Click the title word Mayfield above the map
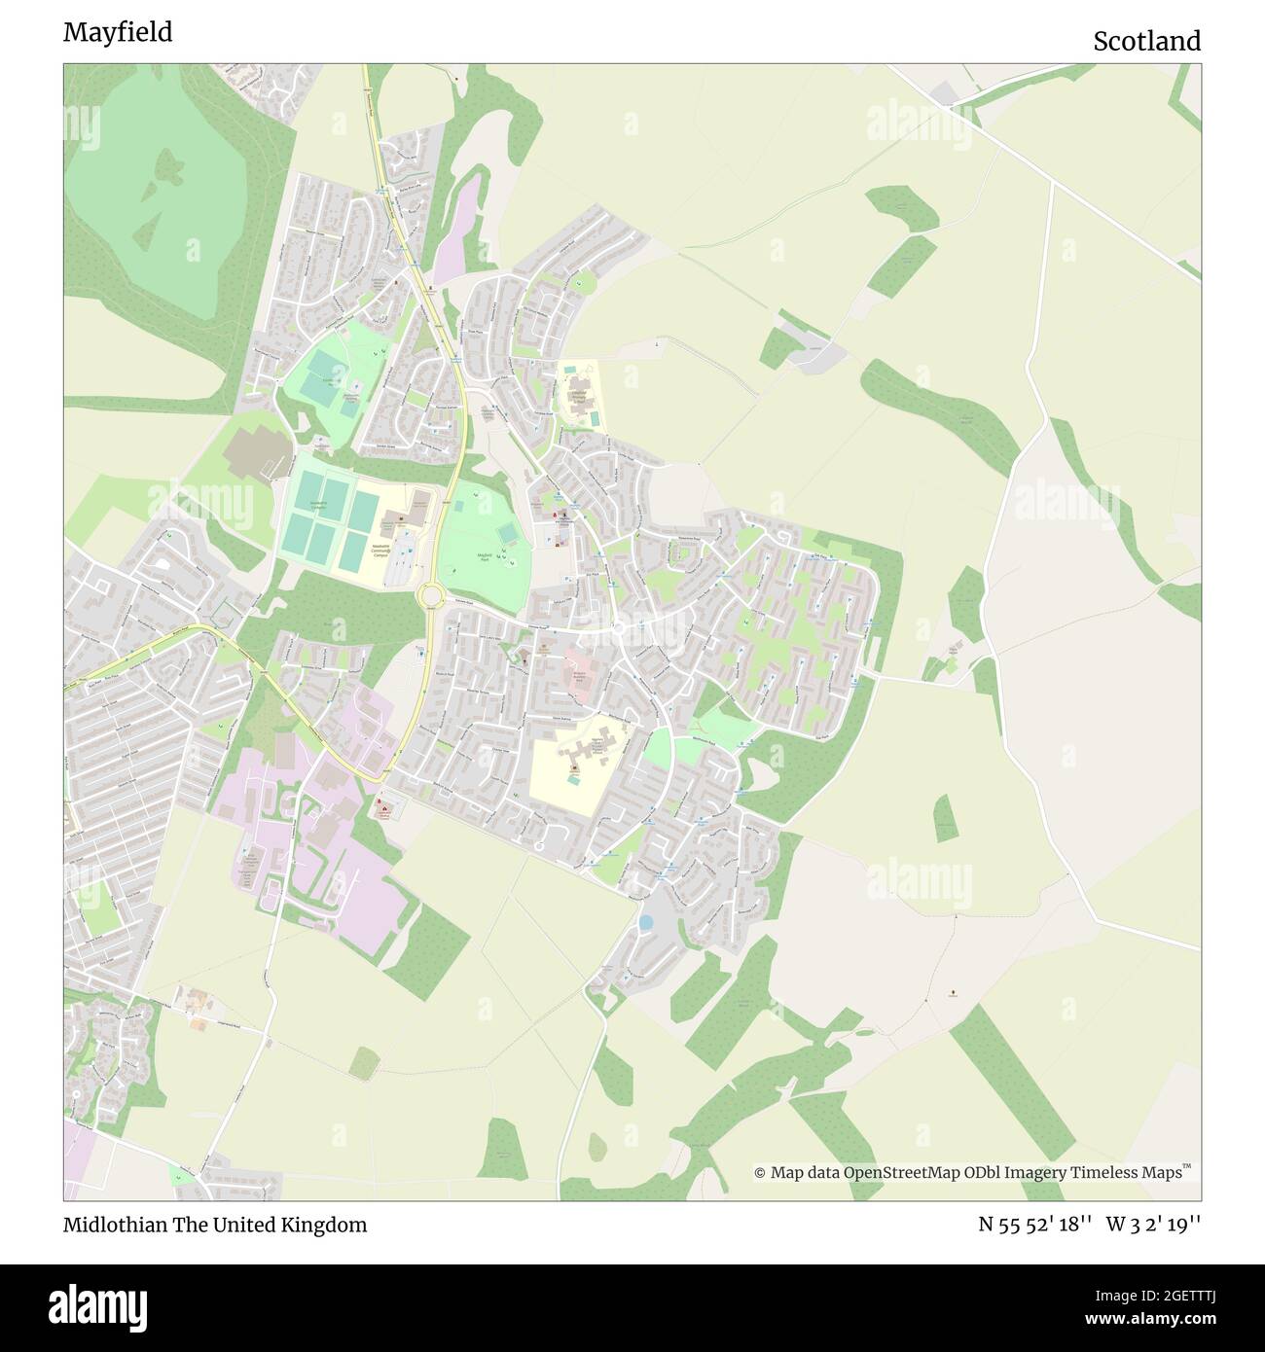118,32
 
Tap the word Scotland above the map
1146,41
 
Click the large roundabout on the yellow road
429,595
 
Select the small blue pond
645,921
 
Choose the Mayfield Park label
484,556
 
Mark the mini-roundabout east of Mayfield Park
617,628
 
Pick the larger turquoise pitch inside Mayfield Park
506,534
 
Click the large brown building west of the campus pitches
257,447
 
